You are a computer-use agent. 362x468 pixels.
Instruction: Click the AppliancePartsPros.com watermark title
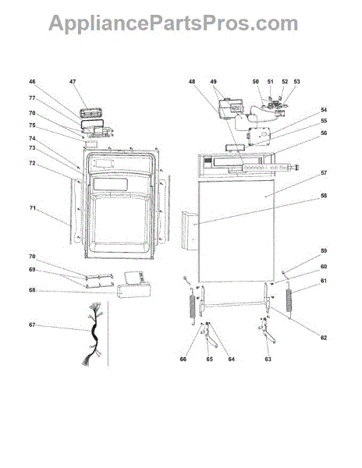tap(173, 23)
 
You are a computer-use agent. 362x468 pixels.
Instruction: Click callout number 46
tap(32, 81)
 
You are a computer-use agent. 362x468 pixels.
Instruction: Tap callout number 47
tap(73, 81)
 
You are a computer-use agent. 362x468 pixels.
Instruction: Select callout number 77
tap(32, 98)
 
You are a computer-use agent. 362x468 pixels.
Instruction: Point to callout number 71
tap(32, 208)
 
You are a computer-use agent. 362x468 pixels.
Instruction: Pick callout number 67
tap(32, 324)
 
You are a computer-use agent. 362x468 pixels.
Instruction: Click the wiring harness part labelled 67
tap(93, 334)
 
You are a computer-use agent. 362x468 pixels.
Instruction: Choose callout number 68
tap(32, 290)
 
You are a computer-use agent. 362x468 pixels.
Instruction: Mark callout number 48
tap(192, 81)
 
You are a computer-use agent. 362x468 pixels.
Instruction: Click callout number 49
tap(214, 81)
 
